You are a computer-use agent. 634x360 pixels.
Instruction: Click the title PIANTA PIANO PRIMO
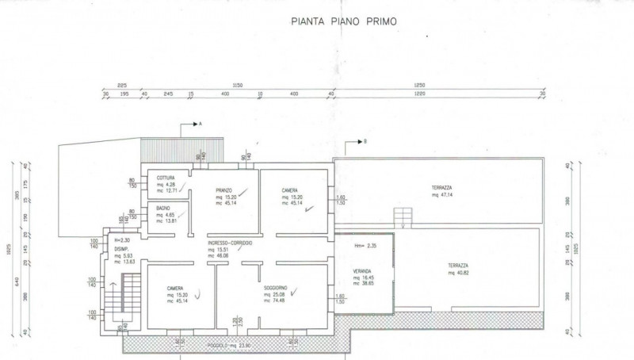tap(344, 24)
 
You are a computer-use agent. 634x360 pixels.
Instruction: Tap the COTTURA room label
tap(166, 178)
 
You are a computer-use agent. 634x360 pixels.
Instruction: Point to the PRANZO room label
tap(223, 190)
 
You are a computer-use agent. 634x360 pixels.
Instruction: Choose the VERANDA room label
tap(362, 270)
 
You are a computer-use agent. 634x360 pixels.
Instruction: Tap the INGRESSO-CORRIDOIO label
tap(230, 243)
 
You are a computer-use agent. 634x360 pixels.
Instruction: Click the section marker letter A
tap(201, 124)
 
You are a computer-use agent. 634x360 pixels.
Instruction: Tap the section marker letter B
tap(365, 141)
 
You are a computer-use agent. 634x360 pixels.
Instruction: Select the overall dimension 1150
tap(237, 84)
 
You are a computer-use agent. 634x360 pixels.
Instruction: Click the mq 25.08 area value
tap(276, 293)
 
